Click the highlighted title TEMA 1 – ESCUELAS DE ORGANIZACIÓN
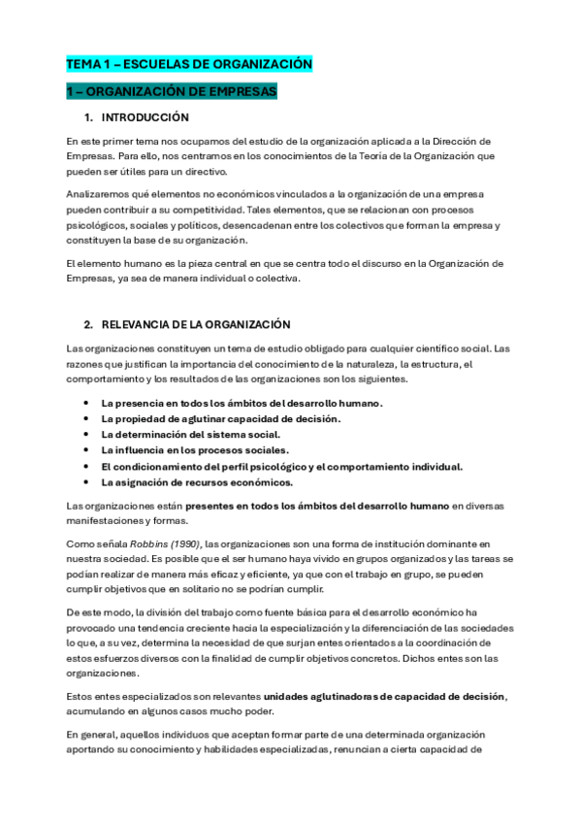click(x=188, y=64)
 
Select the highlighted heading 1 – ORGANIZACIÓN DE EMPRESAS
click(x=172, y=91)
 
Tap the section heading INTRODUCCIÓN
click(x=145, y=117)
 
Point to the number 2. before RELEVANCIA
click(x=88, y=324)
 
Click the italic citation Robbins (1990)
click(x=157, y=544)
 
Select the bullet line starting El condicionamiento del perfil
click(x=281, y=466)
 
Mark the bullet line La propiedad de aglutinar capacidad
click(x=221, y=418)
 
